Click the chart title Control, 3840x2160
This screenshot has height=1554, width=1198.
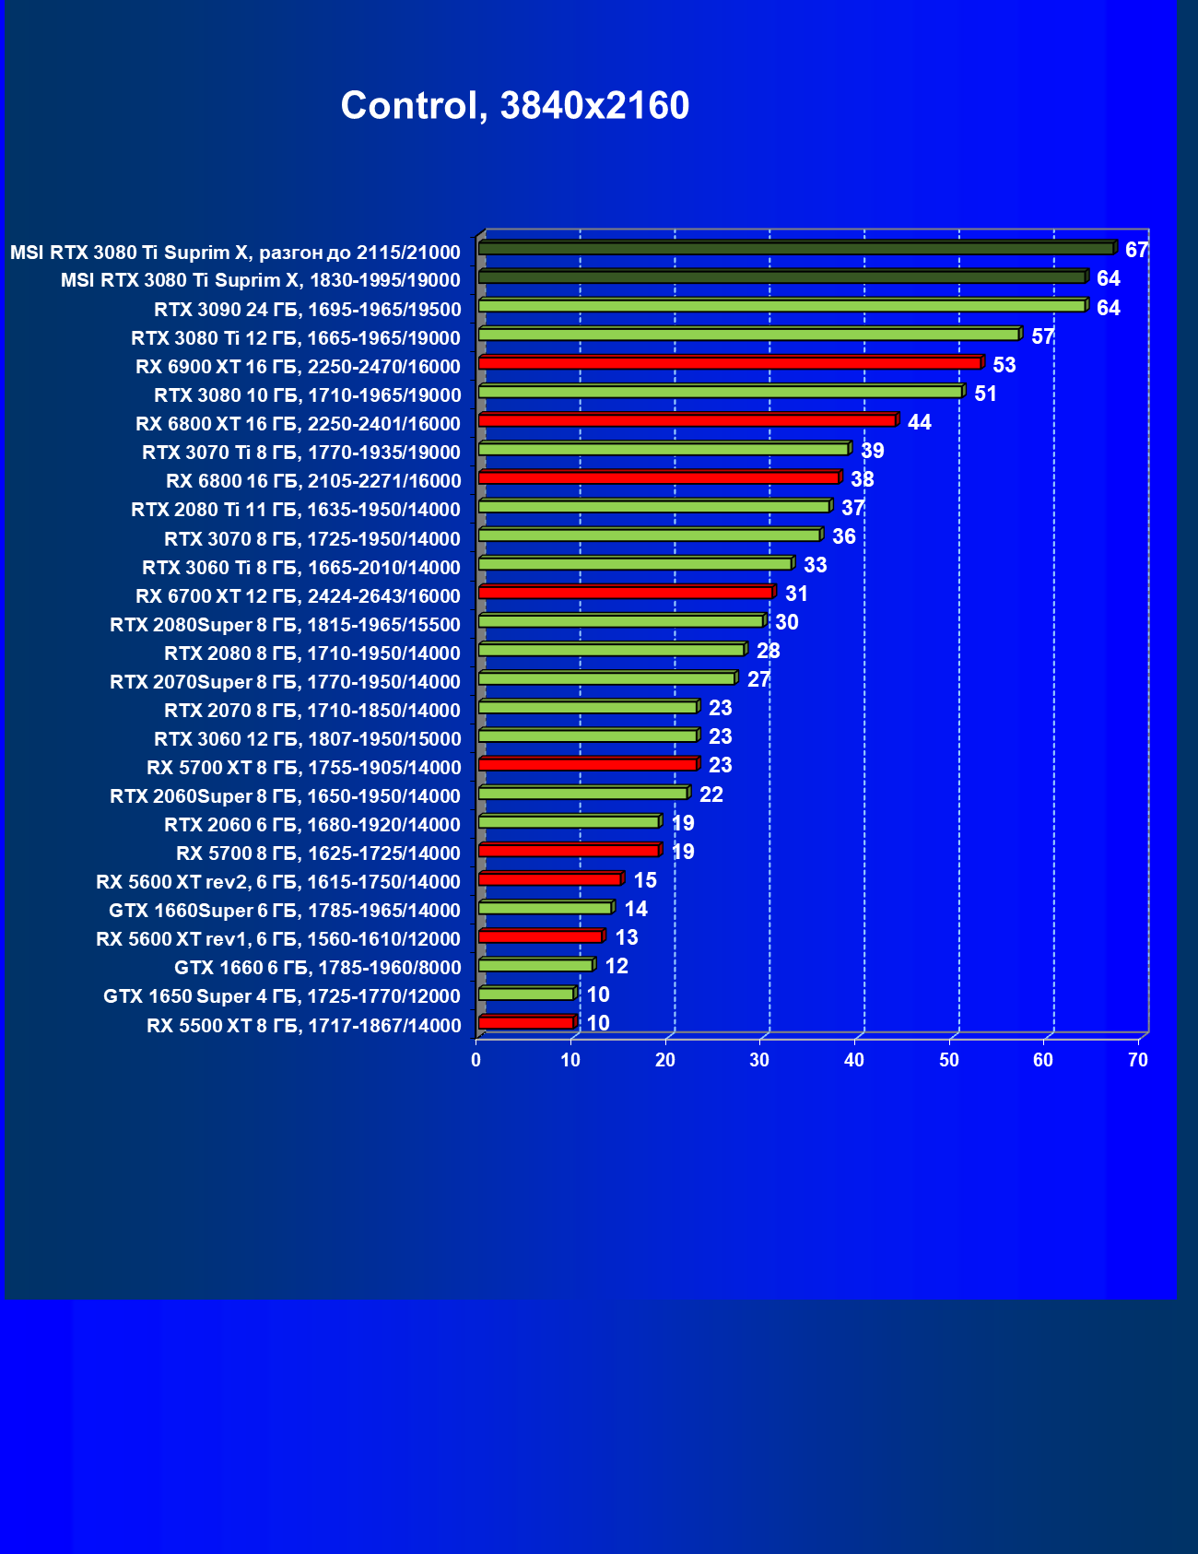tap(514, 106)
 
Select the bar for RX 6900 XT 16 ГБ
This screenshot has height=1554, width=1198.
tap(730, 363)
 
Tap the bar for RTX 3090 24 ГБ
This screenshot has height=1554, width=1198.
tap(781, 306)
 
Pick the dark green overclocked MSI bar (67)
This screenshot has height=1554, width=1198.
tap(796, 249)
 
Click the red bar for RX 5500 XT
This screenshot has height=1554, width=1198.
tap(526, 1023)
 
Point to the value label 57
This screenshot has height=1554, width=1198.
tap(1042, 336)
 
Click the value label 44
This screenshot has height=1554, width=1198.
tap(919, 422)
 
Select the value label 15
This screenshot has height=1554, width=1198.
tap(645, 880)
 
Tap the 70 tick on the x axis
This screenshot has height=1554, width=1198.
tap(1138, 1060)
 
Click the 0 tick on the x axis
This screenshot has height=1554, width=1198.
tap(476, 1060)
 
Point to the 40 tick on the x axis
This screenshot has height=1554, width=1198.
tap(854, 1060)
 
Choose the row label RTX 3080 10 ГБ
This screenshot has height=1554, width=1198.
tap(308, 395)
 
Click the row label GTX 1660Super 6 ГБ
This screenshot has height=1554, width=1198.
tap(285, 911)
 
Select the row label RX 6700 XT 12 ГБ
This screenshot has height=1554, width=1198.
tap(298, 595)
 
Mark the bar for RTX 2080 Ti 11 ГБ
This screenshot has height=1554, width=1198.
tap(654, 506)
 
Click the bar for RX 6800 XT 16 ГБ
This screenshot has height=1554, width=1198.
tap(687, 420)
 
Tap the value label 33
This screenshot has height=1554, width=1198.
tap(815, 565)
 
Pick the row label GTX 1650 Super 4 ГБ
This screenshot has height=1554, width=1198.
tap(282, 996)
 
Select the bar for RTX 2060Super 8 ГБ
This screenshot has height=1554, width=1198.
tap(582, 793)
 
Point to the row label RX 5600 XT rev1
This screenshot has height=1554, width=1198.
tap(278, 939)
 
